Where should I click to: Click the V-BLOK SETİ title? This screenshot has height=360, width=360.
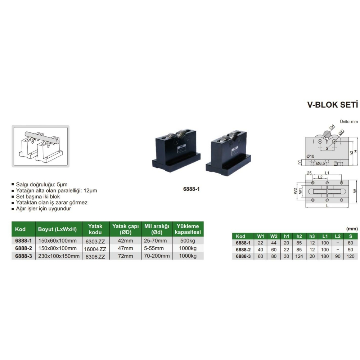coord(332,105)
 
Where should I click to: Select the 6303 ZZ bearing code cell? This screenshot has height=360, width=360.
coord(95,241)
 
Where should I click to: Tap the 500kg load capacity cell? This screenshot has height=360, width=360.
coord(188,240)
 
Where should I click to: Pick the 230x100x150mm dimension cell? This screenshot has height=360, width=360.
coord(59,256)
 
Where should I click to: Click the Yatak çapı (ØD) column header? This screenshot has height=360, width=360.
coord(125,229)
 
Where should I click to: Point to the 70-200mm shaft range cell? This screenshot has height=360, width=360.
coord(157,256)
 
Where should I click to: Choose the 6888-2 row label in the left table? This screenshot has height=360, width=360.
coord(23,248)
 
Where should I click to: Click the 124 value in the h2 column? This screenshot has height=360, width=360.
coord(299,256)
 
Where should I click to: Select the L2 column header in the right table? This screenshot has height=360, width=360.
coord(338,236)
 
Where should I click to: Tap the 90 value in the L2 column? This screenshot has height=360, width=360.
coord(338,256)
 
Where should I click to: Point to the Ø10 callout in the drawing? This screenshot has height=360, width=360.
coord(310,156)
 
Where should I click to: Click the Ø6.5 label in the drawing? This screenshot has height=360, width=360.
coord(320,163)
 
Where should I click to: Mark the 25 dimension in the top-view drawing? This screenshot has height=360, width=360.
coord(309,173)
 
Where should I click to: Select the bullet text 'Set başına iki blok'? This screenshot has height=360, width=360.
coord(38,197)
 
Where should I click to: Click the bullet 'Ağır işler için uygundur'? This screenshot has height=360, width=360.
coord(44,209)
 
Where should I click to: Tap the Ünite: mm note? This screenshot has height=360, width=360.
coord(349,122)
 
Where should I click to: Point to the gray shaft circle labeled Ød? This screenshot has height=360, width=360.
coord(327,134)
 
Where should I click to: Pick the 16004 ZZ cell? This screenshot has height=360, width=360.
coord(95,249)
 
